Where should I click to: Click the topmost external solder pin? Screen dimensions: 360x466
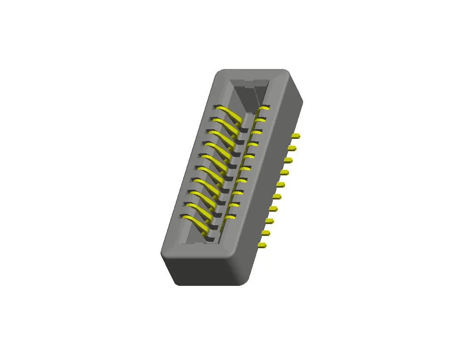[x=296, y=136]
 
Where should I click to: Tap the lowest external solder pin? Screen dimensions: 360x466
[x=262, y=245]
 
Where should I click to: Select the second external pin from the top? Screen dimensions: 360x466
[x=292, y=148]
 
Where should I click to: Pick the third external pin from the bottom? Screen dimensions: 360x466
[x=269, y=221]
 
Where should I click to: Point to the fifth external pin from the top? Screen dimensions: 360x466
[x=280, y=184]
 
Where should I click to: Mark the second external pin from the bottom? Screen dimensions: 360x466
[x=266, y=233]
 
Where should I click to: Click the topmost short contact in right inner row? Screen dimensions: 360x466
[x=264, y=108]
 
